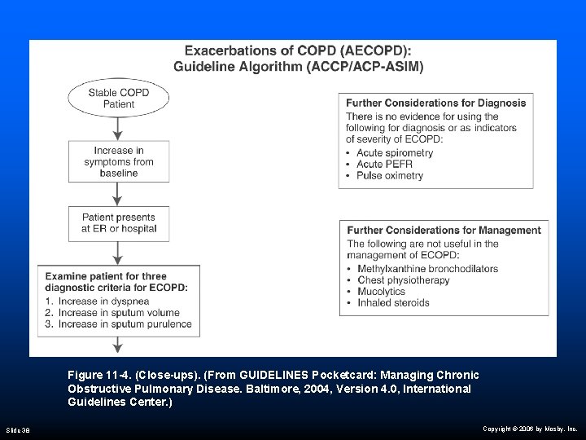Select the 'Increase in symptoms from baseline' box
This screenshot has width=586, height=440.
tap(118, 161)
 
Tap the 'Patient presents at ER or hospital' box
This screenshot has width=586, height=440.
tap(118, 223)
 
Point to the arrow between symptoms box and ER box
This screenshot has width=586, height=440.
tap(118, 193)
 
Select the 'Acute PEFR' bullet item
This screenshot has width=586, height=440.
tap(384, 165)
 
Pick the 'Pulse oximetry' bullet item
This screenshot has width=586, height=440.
tap(390, 176)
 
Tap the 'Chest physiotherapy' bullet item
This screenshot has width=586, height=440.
tap(403, 280)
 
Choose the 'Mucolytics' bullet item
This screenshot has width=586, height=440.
tap(382, 292)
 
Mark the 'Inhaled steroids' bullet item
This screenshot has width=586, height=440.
tap(393, 303)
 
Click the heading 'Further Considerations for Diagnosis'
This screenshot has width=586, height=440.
tap(435, 103)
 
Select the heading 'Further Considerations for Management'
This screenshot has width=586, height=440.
tap(444, 231)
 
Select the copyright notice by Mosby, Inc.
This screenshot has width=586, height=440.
tap(529, 428)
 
